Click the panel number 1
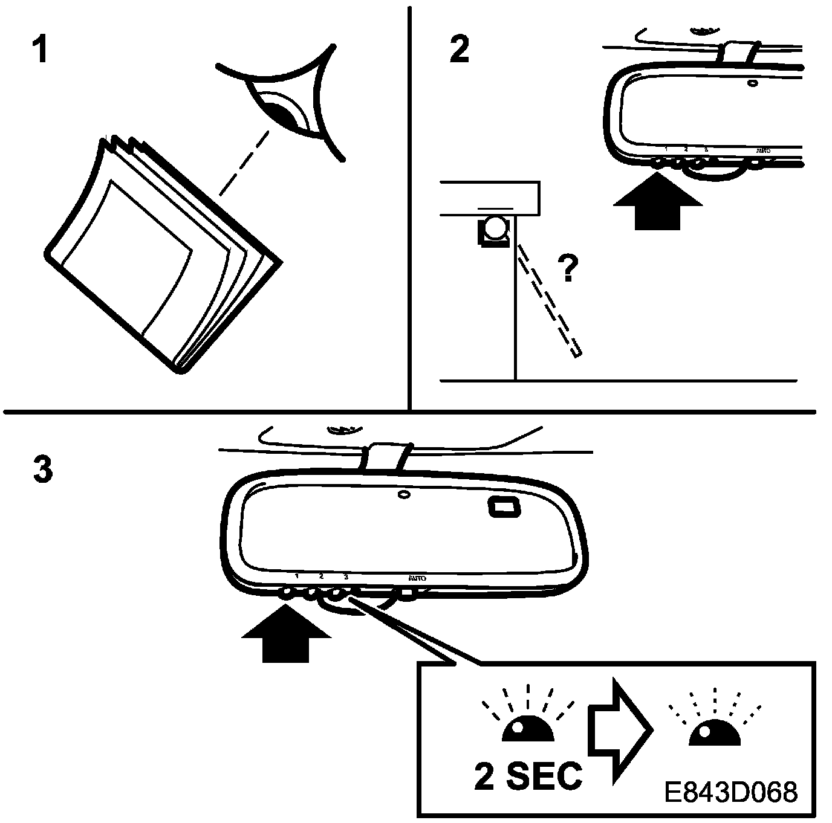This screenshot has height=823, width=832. (x=40, y=50)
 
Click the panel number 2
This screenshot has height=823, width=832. (x=460, y=50)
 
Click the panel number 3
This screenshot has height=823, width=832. (x=42, y=470)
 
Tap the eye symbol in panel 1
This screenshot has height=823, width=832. (x=284, y=112)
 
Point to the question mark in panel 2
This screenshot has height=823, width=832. (x=567, y=268)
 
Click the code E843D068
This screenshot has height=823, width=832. (x=730, y=792)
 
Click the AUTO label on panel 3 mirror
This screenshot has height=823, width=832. (x=417, y=578)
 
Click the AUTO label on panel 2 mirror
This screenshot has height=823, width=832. (x=764, y=149)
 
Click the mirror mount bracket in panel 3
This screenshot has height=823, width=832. (x=385, y=457)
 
